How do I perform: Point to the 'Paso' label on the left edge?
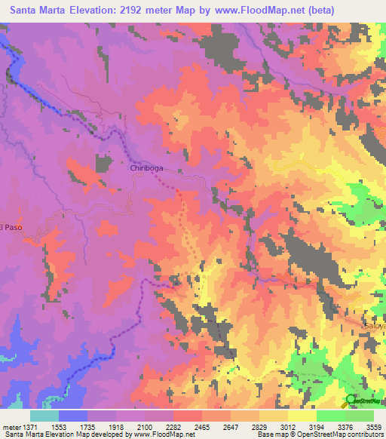coord(11,226)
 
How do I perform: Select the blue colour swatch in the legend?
coord(73,415)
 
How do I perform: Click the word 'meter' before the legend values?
coord(11,425)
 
